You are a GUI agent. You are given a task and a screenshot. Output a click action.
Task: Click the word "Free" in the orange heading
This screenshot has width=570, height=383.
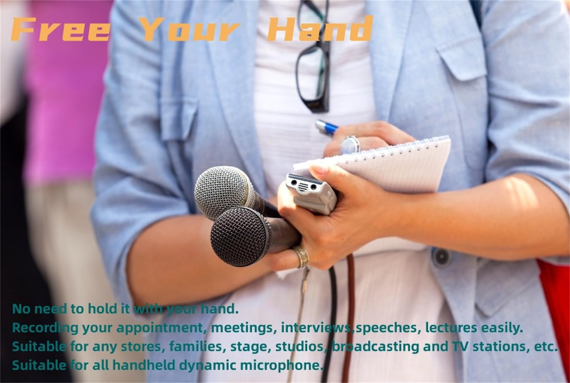click(61, 29)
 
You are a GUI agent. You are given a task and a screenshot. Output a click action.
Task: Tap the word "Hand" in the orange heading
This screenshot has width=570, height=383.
click(320, 29)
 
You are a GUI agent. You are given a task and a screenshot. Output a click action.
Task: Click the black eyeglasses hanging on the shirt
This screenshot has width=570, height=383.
click(312, 57)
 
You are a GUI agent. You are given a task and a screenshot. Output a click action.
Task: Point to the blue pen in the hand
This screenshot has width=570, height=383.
click(327, 128)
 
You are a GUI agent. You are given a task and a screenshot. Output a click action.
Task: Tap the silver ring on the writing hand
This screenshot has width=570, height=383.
click(350, 145)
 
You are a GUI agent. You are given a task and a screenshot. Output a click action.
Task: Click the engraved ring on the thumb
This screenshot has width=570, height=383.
click(301, 256)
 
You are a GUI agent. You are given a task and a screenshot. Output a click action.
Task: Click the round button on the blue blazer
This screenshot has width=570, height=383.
click(441, 257)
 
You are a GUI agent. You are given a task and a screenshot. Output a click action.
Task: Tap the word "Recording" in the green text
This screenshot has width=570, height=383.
click(45, 328)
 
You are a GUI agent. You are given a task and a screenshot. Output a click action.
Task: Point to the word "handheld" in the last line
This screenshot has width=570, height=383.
click(144, 366)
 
